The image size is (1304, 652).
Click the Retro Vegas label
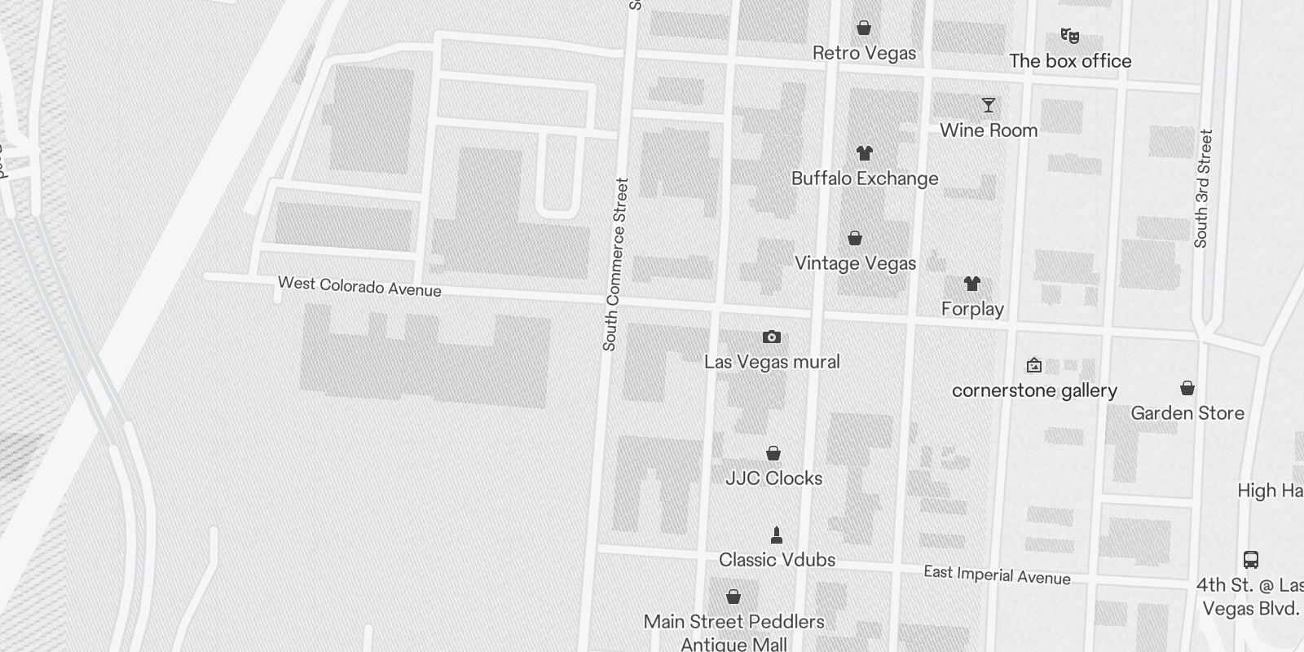[864, 54]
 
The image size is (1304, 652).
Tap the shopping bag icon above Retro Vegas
[864, 29]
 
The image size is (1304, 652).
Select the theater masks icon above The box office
[1069, 36]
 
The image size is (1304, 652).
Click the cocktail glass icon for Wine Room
[989, 105]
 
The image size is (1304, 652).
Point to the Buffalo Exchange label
[865, 178]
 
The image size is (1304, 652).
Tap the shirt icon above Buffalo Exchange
[865, 153]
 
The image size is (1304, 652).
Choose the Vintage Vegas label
[855, 263]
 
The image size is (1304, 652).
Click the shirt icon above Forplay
[971, 284]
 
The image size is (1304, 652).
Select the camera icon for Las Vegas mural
[771, 337]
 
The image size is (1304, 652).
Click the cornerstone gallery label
[1034, 390]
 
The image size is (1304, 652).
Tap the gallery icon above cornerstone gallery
[1034, 365]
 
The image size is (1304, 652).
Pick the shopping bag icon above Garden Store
[1187, 388]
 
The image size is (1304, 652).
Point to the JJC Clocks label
[773, 478]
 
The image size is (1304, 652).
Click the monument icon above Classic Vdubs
[776, 535]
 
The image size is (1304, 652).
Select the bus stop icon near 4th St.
[1251, 560]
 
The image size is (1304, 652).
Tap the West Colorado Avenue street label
[359, 286]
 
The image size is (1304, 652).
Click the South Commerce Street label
[615, 265]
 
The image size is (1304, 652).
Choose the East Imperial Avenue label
[997, 575]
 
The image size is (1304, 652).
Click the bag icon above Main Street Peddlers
[733, 597]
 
